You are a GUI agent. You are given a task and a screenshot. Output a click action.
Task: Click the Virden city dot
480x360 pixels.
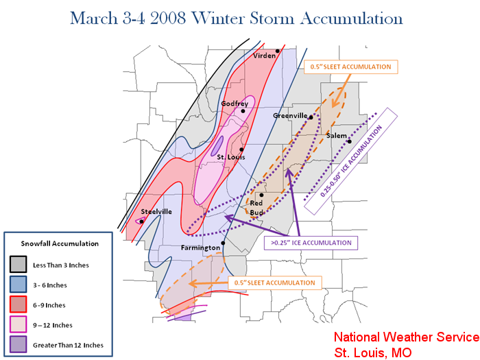pos(277,51)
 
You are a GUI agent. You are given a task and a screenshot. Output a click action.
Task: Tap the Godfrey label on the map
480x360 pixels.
pos(235,104)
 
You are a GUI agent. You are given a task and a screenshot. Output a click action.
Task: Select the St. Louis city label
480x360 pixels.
pos(231,157)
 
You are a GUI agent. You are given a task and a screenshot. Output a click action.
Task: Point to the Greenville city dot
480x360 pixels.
pos(311,117)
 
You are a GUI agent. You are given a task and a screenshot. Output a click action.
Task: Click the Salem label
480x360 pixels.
pos(337,136)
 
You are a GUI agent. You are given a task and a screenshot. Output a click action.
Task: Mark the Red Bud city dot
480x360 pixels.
pos(261,195)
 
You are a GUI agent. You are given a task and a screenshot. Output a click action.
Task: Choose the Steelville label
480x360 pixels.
pos(156,211)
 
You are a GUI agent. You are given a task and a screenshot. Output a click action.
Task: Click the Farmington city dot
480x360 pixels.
pos(223,243)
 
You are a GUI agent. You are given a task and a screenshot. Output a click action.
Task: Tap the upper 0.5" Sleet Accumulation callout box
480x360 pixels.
pos(351,67)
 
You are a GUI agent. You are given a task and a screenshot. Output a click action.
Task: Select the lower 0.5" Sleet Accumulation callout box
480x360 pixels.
pos(275,283)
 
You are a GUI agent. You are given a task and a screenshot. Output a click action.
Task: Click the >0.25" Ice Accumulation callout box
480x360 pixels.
pos(311,243)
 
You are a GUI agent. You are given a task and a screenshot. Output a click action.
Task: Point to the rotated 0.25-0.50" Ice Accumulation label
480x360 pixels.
pos(351,161)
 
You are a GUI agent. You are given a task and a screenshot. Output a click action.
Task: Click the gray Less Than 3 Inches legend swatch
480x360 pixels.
pos(18,264)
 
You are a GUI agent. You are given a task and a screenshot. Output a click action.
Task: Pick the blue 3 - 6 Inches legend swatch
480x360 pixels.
pos(18,285)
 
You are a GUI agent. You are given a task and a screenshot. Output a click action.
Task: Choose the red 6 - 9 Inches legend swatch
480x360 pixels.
pos(18,304)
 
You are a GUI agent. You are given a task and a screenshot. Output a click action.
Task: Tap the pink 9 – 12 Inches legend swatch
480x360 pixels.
pos(18,324)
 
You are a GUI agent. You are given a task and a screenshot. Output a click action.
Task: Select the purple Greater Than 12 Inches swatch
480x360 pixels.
pos(18,344)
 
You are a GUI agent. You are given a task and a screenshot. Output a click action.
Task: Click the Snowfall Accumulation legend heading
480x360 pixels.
pos(60,243)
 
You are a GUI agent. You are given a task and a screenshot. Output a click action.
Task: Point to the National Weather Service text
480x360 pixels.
pos(407,337)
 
